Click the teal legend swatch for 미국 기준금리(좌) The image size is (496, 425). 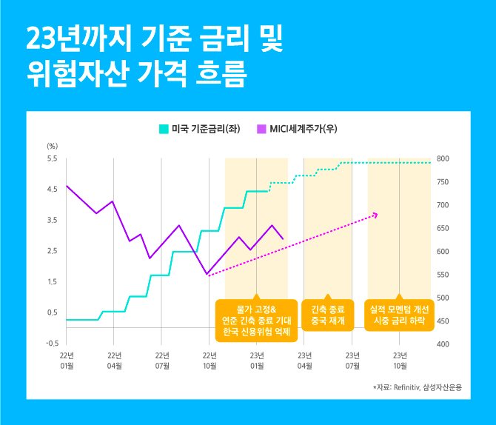pos(164,129)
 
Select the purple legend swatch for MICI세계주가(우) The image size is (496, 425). pos(261,129)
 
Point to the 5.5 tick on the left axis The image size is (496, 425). pos(52,159)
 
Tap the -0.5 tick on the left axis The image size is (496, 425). pos(52,344)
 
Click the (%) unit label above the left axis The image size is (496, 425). pos(52,146)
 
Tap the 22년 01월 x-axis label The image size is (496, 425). pos(67,361)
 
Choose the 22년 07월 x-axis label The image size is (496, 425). pos(161,361)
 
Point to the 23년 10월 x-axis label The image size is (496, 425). pos(400,361)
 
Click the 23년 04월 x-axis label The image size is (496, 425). pos(304,361)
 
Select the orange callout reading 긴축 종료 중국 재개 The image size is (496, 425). pos(329,315)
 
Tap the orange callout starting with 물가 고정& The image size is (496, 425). pos(255,320)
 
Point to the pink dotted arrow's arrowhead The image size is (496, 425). pos(375,215)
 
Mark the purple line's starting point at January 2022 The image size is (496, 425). pos(67,186)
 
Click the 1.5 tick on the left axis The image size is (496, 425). pos(52,282)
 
